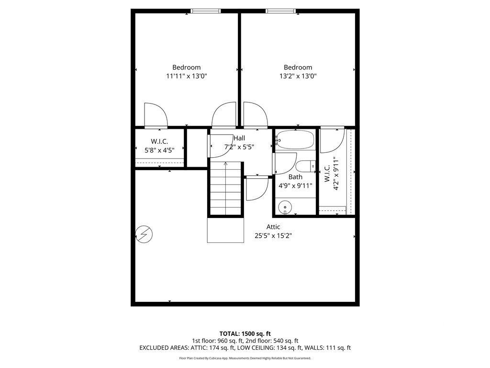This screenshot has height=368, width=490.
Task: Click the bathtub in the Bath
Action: [295, 139]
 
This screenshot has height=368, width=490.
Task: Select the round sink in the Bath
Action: [285, 207]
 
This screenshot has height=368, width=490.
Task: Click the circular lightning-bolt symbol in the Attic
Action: [144, 234]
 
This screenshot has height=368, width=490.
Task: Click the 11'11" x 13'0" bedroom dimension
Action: [187, 76]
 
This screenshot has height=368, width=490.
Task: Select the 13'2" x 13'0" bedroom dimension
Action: [298, 76]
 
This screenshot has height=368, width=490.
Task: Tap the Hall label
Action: [239, 138]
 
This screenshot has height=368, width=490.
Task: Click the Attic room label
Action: [273, 227]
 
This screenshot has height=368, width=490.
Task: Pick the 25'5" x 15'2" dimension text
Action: [273, 236]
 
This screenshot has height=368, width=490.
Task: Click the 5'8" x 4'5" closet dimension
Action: [159, 150]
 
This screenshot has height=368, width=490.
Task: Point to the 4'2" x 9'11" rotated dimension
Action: [336, 173]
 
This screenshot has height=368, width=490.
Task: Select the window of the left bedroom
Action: [206, 11]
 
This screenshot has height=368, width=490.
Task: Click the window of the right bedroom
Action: [280, 11]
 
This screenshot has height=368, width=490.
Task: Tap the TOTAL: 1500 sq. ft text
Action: [245, 333]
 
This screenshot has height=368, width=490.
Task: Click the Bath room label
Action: [295, 177]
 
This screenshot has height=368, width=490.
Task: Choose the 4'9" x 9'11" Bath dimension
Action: [295, 186]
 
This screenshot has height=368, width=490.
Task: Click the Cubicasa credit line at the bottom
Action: [245, 358]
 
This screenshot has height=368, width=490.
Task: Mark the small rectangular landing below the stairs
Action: [225, 230]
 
